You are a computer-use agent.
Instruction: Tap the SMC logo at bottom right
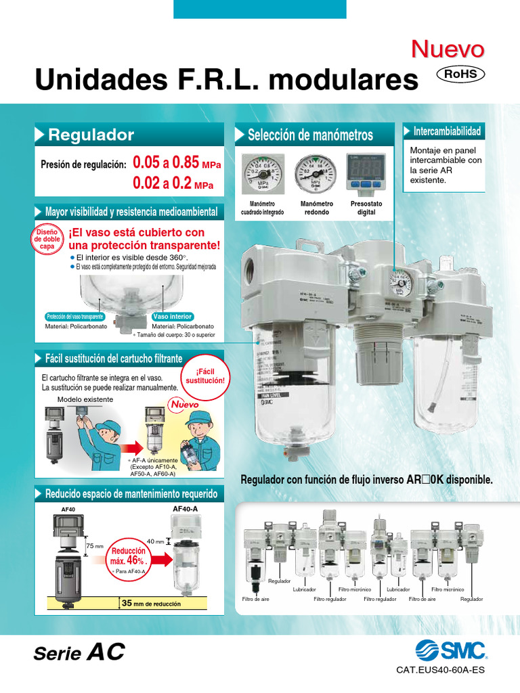pyautogui.click(x=446, y=651)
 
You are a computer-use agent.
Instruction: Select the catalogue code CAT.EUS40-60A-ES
pyautogui.click(x=440, y=671)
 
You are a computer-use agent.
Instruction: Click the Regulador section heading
pyautogui.click(x=91, y=135)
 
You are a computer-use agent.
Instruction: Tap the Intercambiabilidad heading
pyautogui.click(x=447, y=131)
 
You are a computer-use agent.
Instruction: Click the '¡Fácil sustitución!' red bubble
pyautogui.click(x=204, y=376)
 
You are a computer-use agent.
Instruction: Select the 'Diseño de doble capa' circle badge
pyautogui.click(x=47, y=240)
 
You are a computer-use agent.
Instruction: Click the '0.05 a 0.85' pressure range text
pyautogui.click(x=166, y=163)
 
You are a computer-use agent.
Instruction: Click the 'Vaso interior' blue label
pyautogui.click(x=173, y=317)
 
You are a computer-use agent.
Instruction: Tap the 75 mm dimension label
pyautogui.click(x=94, y=545)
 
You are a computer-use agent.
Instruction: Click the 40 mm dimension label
pyautogui.click(x=155, y=541)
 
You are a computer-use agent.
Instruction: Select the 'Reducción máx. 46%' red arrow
pyautogui.click(x=136, y=559)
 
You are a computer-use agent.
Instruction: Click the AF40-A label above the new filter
pyautogui.click(x=185, y=508)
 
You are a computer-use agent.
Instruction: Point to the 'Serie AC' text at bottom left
pyautogui.click(x=80, y=653)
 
